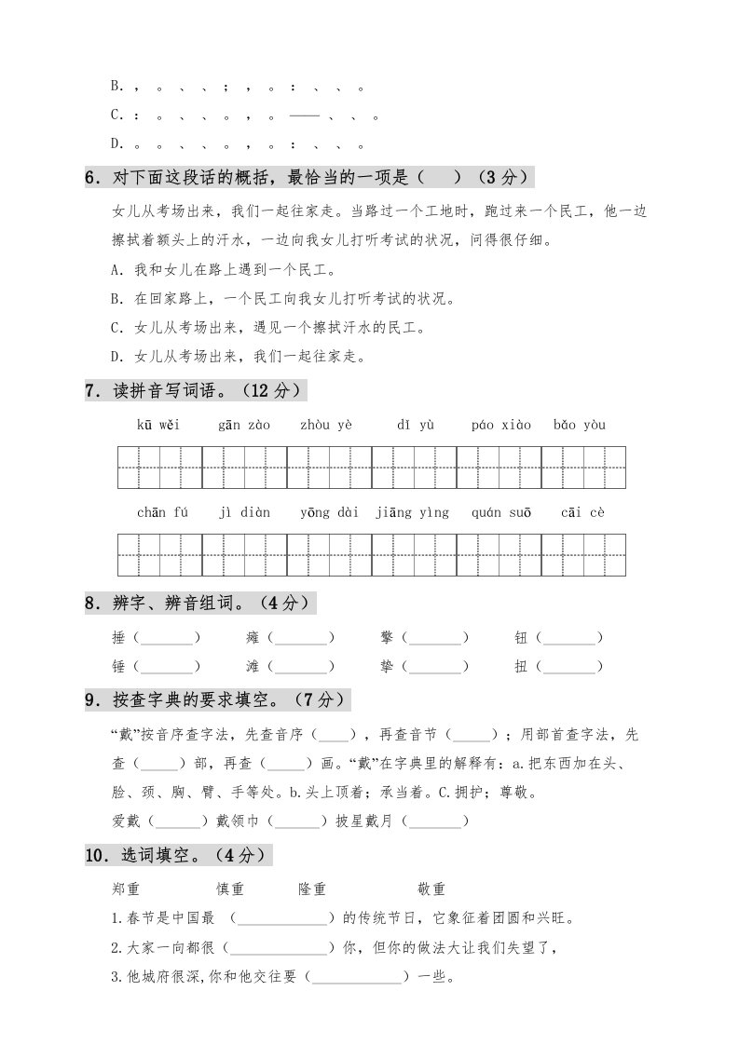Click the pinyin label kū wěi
(x=157, y=426)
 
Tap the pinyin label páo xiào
(x=501, y=426)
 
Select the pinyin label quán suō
(x=501, y=512)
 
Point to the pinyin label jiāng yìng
(x=412, y=512)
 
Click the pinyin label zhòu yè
(x=326, y=426)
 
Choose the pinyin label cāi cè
(x=583, y=512)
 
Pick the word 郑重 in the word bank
(x=125, y=889)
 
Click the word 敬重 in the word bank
(x=431, y=889)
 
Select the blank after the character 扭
(x=569, y=667)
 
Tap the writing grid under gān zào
(x=244, y=468)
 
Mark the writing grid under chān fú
(x=159, y=555)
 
